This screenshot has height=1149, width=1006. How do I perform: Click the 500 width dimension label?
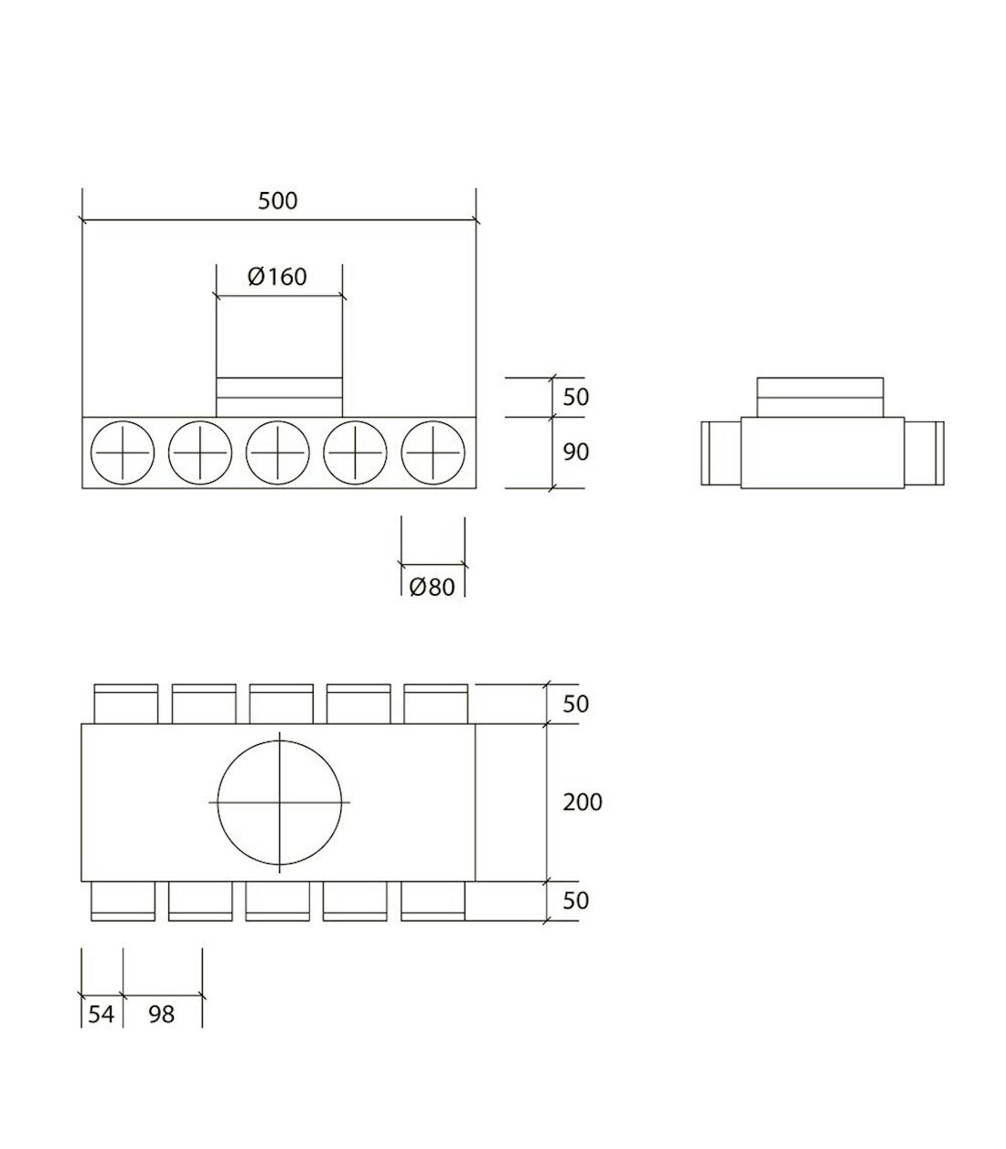point(277,201)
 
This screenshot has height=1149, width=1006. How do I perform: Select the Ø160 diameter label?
point(277,276)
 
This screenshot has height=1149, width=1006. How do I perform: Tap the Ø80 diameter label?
point(432,587)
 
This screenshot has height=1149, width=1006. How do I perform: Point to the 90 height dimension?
point(576,452)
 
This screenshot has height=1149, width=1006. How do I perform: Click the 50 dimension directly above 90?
point(576,398)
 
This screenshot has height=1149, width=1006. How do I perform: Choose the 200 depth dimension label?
point(583,803)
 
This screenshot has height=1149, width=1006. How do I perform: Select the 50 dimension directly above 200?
point(576,704)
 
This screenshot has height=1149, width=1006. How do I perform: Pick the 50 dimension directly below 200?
point(576,900)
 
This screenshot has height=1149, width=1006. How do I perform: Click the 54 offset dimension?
point(101,1014)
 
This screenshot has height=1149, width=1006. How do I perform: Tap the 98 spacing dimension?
point(161,1014)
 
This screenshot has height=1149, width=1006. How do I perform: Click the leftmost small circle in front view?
point(123,452)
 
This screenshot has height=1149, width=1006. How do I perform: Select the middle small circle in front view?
point(278,452)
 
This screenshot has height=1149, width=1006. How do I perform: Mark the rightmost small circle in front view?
point(433,452)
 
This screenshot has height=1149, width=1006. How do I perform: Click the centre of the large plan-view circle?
point(279,803)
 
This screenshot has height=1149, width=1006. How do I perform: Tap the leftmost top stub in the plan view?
point(126,704)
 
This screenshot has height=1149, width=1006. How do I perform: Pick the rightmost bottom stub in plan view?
point(433,900)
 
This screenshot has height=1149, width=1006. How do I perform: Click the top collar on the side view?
point(820,398)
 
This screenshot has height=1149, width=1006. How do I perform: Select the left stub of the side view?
point(721,453)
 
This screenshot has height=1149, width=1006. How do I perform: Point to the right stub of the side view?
point(924,453)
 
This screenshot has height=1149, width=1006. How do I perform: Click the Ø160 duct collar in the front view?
point(279,397)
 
